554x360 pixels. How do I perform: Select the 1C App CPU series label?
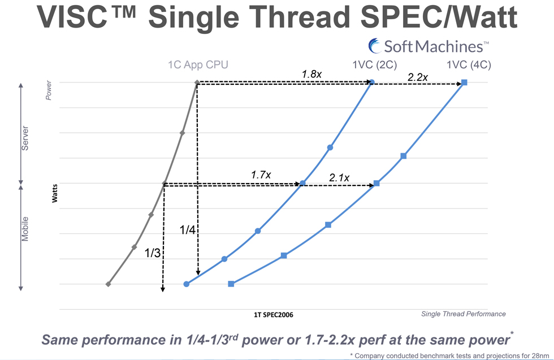tap(198, 65)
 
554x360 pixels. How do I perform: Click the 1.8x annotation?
tap(311, 74)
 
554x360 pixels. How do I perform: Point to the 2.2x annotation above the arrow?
tap(417, 77)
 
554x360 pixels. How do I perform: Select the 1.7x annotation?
tap(261, 175)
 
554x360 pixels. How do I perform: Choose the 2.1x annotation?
tap(339, 178)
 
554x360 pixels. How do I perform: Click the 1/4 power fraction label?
tap(188, 230)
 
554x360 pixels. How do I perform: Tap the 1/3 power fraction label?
tap(153, 253)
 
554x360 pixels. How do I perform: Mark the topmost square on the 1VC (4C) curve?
tap(464, 83)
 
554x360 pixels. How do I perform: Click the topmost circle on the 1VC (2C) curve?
tap(372, 83)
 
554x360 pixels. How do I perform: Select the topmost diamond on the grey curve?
tap(197, 83)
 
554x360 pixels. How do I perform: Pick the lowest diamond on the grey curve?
tap(108, 284)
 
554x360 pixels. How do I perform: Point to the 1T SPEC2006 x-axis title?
tap(274, 314)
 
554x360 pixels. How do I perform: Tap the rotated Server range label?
tap(25, 138)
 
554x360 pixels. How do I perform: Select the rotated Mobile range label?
tap(25, 228)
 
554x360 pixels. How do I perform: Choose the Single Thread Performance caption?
tap(464, 314)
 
